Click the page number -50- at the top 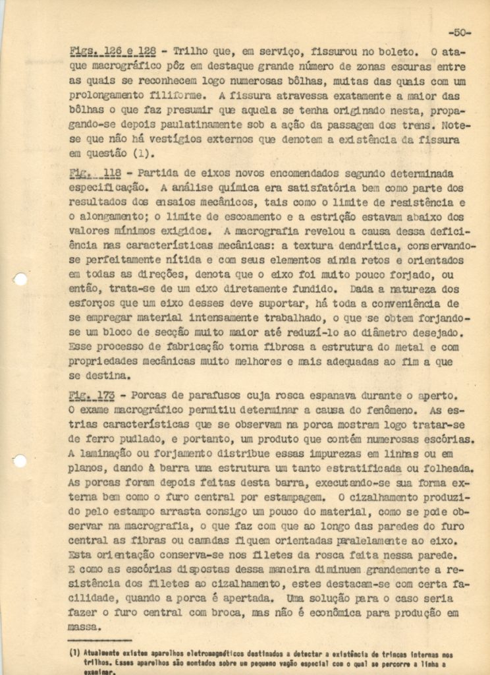[x=459, y=32]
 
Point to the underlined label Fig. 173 [x=92, y=395]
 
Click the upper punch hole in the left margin [x=20, y=279]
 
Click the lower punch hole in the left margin [x=20, y=461]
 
